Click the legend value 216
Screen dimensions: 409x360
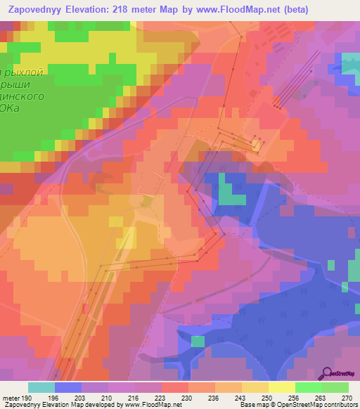coord(135,397)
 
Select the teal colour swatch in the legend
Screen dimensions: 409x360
coord(41,387)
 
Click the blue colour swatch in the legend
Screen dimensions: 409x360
coord(68,387)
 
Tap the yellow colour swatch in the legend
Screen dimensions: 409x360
coord(281,387)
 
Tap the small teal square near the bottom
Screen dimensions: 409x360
coord(198,342)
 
